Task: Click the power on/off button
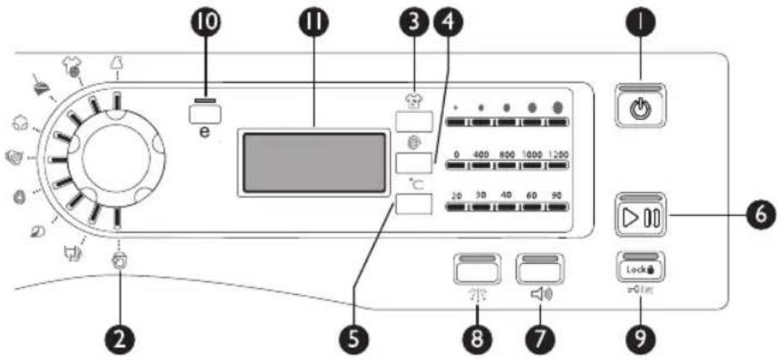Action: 637,110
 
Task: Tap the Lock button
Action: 637,267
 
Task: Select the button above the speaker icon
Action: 537,268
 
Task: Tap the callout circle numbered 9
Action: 637,340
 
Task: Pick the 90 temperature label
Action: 557,196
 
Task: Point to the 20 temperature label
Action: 457,196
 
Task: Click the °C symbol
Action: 417,182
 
